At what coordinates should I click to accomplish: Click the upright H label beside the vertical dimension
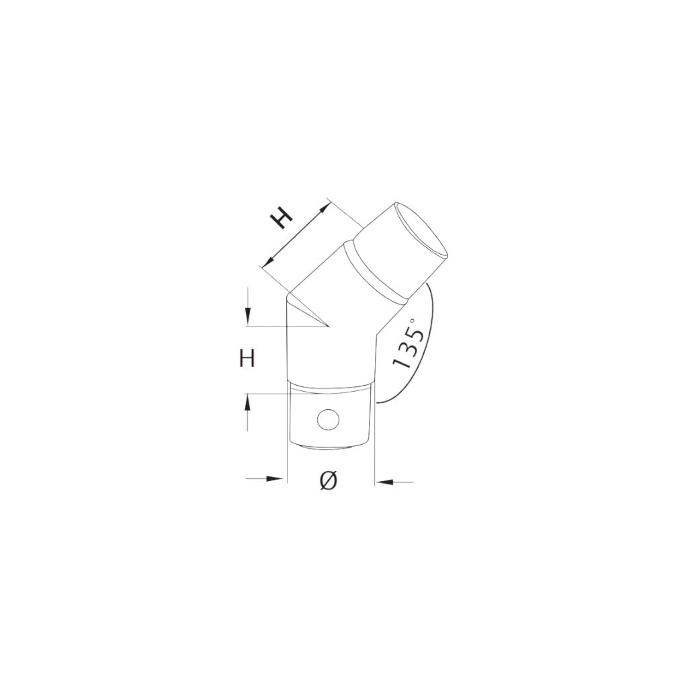click(x=247, y=359)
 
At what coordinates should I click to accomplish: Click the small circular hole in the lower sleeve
click(x=328, y=421)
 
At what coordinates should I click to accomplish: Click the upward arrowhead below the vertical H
click(x=248, y=402)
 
